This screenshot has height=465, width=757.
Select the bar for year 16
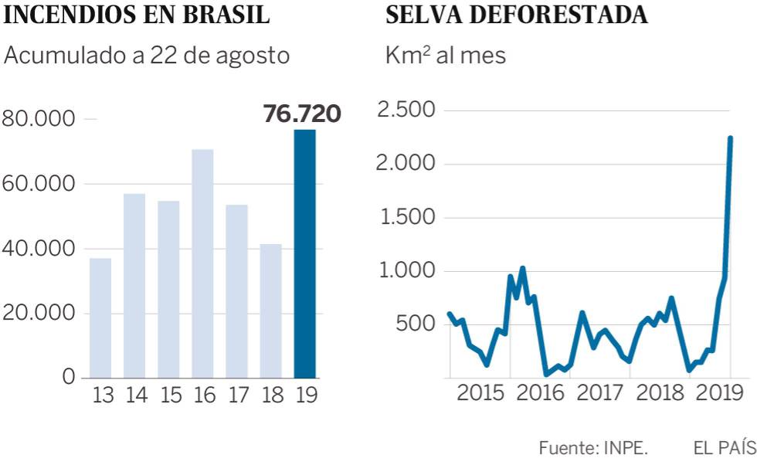point(202,263)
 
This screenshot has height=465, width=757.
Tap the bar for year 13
point(100,317)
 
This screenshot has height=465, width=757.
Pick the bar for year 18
point(270,311)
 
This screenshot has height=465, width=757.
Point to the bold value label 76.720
point(302,114)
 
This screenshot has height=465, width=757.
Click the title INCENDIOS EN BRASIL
point(137,15)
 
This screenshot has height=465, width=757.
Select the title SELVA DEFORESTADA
point(517,15)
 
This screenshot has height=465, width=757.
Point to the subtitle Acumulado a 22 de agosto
point(147,56)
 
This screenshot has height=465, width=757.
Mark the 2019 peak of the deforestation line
point(730,139)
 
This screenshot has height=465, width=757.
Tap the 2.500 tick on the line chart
point(406,110)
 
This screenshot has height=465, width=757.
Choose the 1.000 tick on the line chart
point(406,271)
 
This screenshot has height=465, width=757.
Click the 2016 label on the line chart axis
point(540,392)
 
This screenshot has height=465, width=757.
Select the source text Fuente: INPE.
point(593,447)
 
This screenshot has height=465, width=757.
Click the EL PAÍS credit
point(725,447)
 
